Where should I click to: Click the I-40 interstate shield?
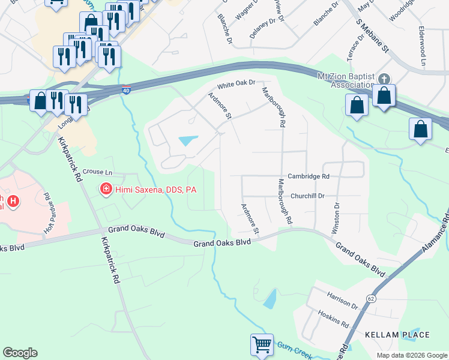pyautogui.click(x=125, y=90)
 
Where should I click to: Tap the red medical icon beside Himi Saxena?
pyautogui.click(x=106, y=190)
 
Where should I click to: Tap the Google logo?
pyautogui.click(x=20, y=353)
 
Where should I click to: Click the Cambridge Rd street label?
pyautogui.click(x=309, y=176)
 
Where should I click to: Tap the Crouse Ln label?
pyautogui.click(x=97, y=172)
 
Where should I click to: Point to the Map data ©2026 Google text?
pyautogui.click(x=411, y=355)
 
